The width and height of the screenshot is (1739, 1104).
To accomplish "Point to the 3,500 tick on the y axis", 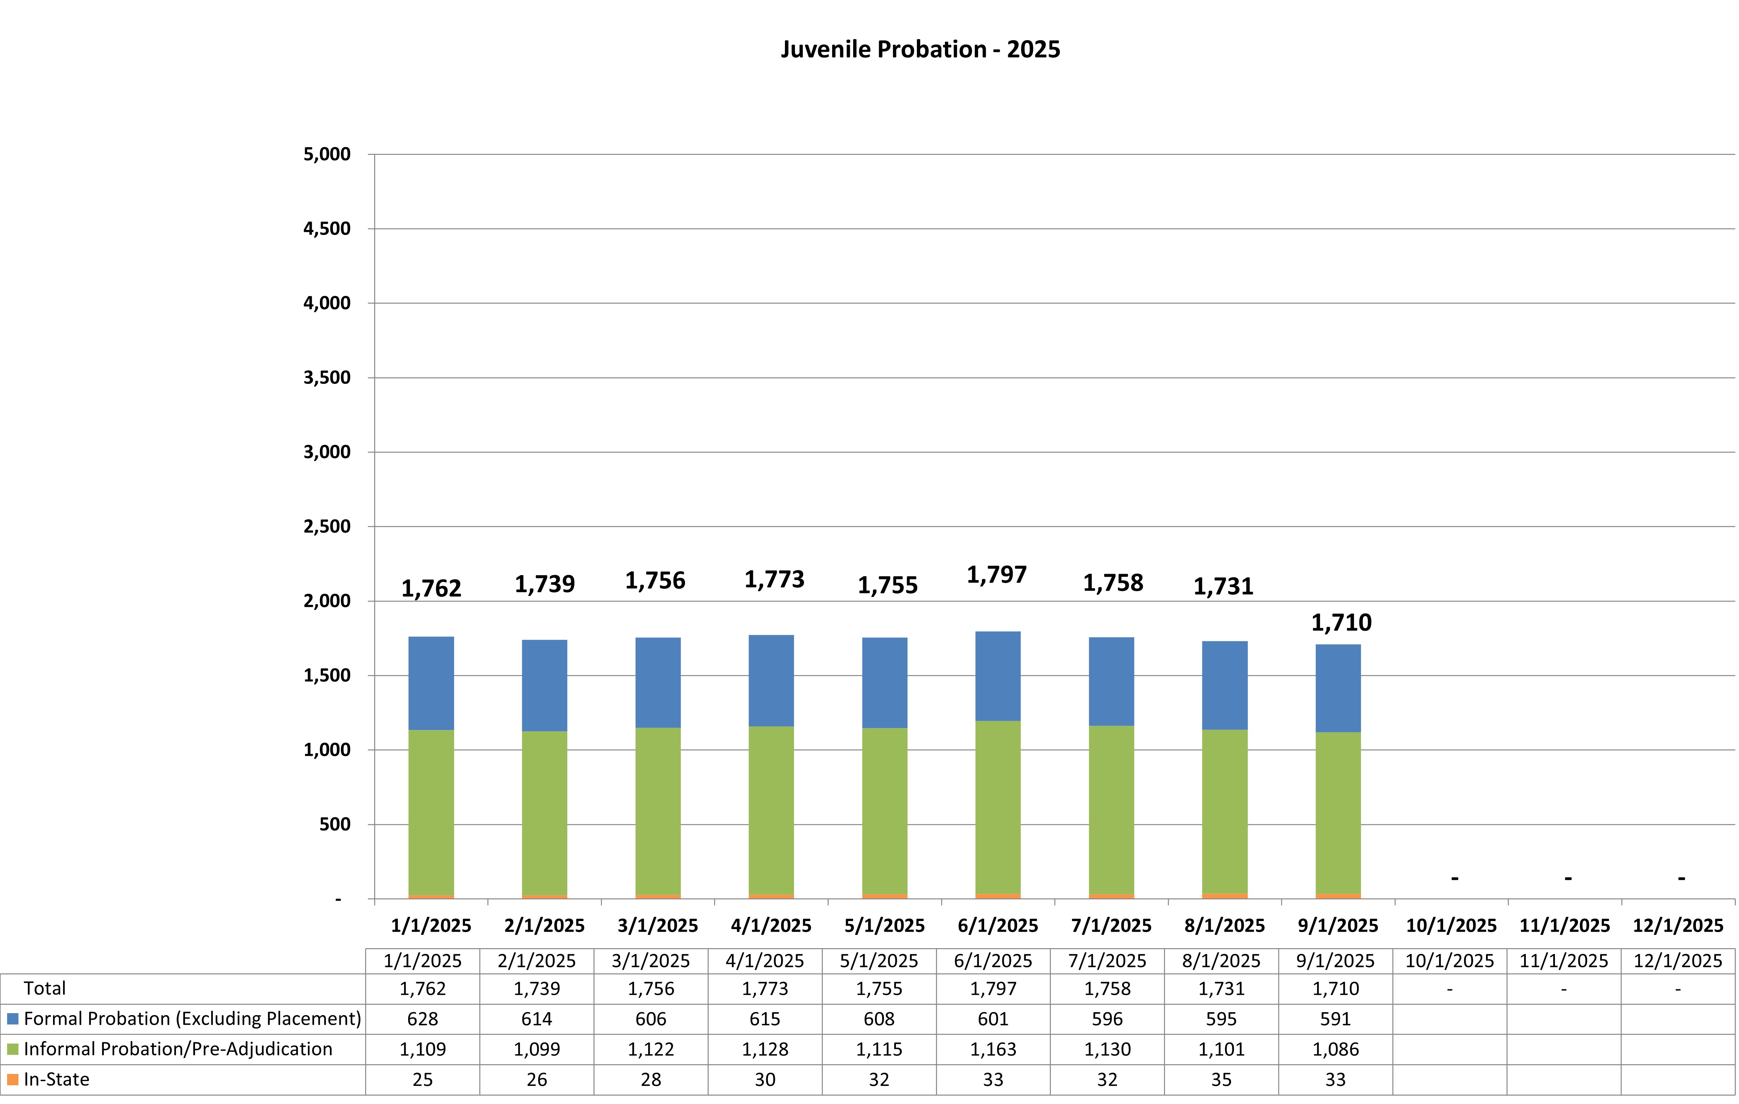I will [x=327, y=378].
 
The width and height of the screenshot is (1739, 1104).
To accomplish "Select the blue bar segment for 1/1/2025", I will [x=431, y=683].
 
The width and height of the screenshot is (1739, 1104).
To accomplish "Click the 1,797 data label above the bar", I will [x=997, y=575].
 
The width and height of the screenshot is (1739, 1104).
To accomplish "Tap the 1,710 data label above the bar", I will [x=1341, y=622].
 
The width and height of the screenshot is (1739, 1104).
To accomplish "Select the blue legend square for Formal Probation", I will [x=12, y=1019].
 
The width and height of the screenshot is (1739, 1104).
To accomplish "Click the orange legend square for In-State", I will [x=12, y=1079].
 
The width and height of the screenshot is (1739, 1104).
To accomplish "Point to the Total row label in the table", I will [x=45, y=989].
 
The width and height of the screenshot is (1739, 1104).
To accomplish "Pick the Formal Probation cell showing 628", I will [x=422, y=1019].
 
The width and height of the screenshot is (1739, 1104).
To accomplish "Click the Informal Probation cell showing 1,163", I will [x=993, y=1049].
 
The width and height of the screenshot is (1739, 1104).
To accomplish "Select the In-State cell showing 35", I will [x=1221, y=1079].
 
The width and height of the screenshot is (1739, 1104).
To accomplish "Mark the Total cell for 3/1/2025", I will [x=651, y=989].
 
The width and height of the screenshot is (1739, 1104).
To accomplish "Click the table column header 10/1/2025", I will [x=1450, y=961].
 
